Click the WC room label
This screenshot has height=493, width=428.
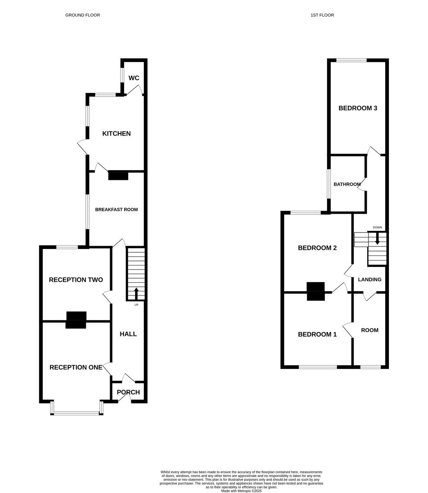(134, 78)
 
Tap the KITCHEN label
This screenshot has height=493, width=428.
(116, 134)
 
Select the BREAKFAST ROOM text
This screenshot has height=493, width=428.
(116, 210)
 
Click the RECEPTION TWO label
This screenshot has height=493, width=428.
(76, 280)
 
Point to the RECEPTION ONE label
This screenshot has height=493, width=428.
(76, 367)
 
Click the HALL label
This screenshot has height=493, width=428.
(128, 334)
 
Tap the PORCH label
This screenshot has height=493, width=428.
(128, 392)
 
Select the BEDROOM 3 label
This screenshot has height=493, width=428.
(358, 108)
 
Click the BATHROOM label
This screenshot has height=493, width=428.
(347, 184)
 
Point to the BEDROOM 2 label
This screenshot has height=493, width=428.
(317, 248)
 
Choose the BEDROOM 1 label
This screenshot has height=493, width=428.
(317, 334)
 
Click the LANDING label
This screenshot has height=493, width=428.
(370, 280)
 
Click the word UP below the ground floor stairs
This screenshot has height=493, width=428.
(136, 305)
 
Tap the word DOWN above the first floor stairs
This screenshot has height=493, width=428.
(377, 228)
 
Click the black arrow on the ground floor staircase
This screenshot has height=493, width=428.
(136, 293)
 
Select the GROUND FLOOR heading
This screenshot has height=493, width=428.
(83, 15)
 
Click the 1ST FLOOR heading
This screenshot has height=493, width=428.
(322, 15)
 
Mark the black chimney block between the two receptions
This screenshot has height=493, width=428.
(76, 320)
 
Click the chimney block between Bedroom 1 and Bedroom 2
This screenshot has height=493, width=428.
(316, 291)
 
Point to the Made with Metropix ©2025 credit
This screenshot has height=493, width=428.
(242, 491)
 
